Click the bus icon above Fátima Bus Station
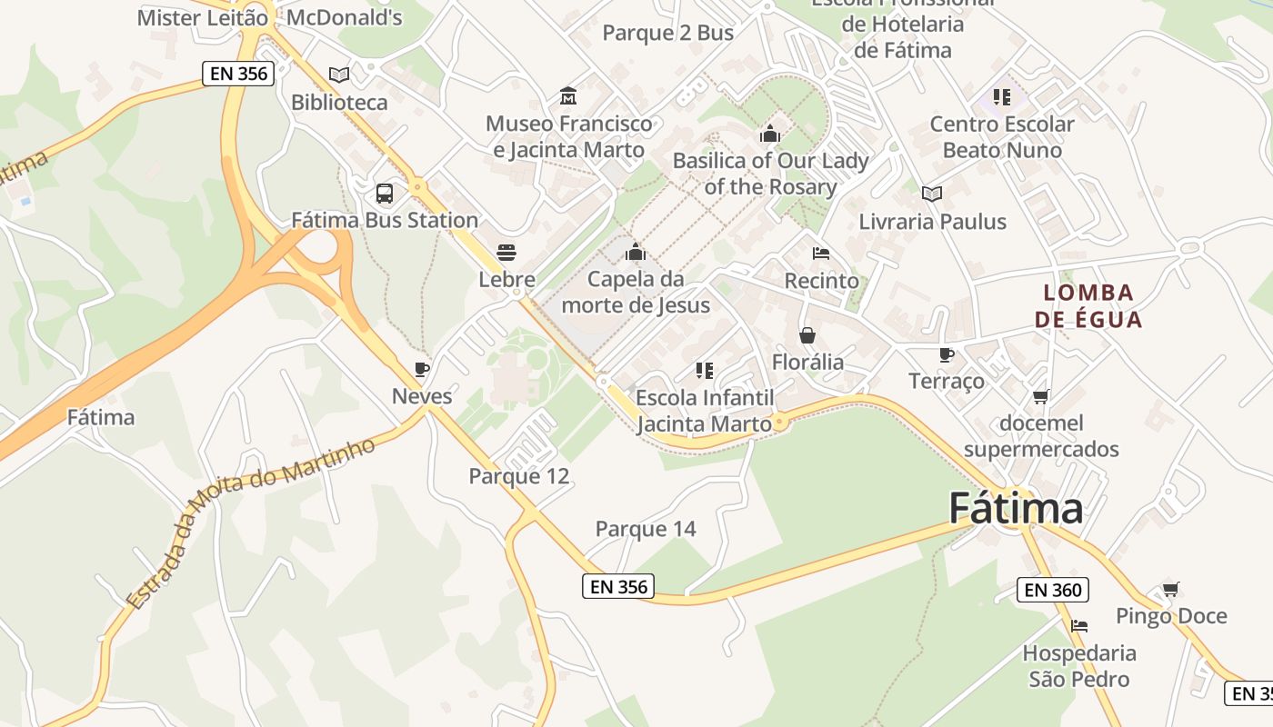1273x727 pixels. (385, 194)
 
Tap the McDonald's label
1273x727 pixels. (344, 17)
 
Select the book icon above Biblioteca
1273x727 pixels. (339, 75)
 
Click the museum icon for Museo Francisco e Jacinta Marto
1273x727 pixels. (568, 96)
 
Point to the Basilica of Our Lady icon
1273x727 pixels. (770, 134)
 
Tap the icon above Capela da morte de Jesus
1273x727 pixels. (636, 252)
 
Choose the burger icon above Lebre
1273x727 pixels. (506, 253)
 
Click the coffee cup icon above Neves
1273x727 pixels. (421, 369)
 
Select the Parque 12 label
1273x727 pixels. (519, 476)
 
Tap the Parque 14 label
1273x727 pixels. (646, 529)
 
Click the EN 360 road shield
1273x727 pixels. (1053, 590)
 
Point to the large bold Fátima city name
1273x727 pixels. (1016, 508)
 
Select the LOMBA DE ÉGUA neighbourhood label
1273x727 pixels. (1088, 306)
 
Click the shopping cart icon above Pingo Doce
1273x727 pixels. (1171, 590)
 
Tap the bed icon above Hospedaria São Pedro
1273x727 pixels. (1079, 626)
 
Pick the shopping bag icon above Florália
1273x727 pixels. (807, 335)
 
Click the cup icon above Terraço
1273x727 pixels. (946, 354)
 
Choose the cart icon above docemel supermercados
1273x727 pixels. (1041, 396)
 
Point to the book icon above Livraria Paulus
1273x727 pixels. (932, 194)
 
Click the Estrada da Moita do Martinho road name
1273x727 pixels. (250, 523)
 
